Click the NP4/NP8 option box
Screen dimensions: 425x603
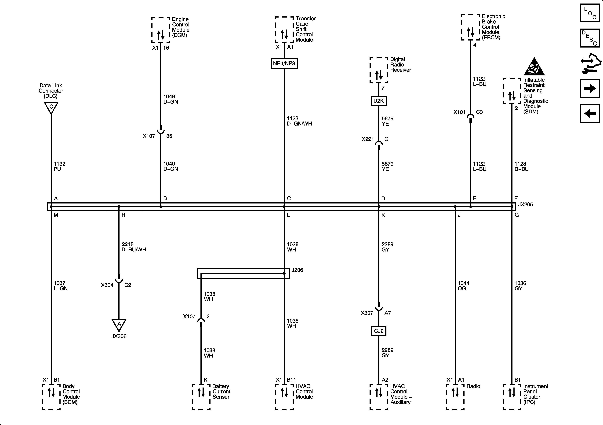(x=284, y=63)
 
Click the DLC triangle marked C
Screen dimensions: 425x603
(x=51, y=107)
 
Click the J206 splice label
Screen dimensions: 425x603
(x=297, y=270)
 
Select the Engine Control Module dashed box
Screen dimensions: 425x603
(x=161, y=30)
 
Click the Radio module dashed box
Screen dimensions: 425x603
(x=455, y=397)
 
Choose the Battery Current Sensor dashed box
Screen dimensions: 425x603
(x=201, y=397)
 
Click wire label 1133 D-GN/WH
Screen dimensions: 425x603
(x=299, y=121)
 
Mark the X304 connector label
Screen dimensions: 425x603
(x=107, y=285)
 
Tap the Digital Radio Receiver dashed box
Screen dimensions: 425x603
(x=379, y=70)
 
